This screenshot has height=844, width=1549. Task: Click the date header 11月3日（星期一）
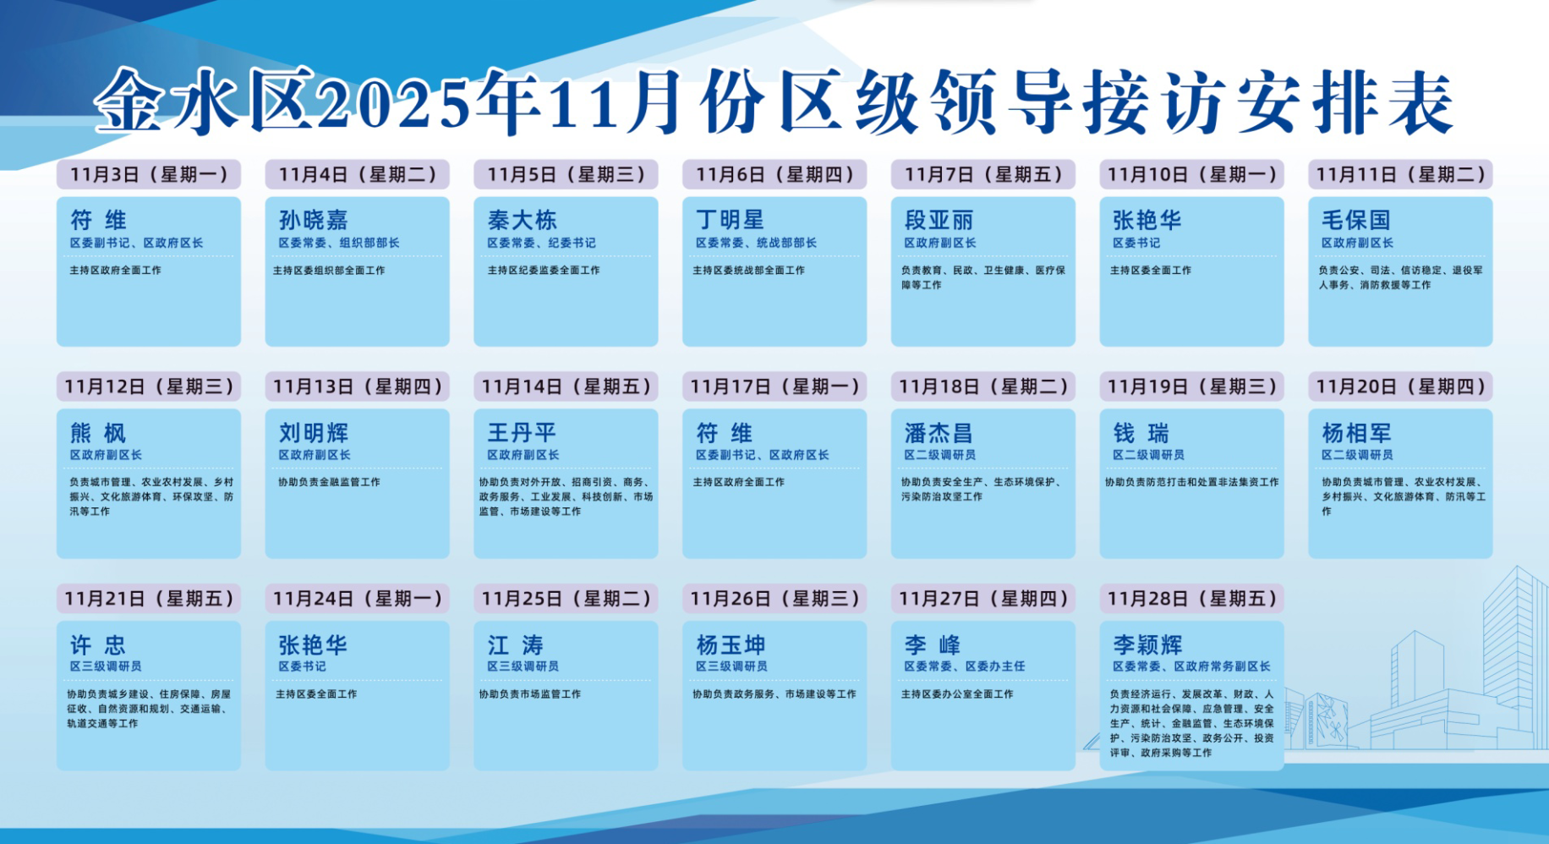coord(149,174)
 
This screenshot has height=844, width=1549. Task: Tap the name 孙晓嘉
coord(314,220)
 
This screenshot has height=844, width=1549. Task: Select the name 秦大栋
coord(522,220)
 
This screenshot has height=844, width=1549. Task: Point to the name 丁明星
coord(730,220)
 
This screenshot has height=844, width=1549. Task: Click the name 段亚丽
coord(939,220)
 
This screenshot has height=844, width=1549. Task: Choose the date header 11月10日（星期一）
coord(1191,174)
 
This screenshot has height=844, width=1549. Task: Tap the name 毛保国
coord(1356,220)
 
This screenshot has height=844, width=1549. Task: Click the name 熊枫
coord(98,433)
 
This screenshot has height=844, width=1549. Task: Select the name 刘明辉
coord(314,433)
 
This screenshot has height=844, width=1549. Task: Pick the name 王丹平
coord(522,433)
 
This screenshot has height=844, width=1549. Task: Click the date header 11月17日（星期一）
coord(774,386)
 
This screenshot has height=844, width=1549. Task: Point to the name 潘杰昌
coord(939,433)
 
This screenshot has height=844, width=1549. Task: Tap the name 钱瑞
coord(1141,433)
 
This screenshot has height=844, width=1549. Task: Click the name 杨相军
coord(1356,433)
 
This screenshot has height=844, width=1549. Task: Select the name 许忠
coord(98,645)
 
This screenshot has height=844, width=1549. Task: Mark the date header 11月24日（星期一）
coord(358,599)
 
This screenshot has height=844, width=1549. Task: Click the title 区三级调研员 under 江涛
coord(523,666)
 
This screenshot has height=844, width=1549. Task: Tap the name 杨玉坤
coord(731,645)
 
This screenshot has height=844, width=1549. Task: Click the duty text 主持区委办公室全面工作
coord(957,694)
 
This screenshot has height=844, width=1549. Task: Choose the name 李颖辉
coord(1147,645)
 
